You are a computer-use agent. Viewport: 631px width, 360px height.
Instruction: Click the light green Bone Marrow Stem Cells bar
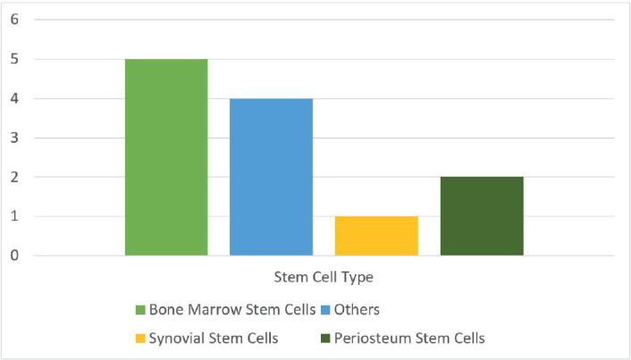pyautogui.click(x=166, y=157)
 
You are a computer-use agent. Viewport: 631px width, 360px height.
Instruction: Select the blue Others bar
pyautogui.click(x=271, y=177)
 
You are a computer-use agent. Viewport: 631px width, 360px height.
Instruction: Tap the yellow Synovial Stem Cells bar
pyautogui.click(x=376, y=236)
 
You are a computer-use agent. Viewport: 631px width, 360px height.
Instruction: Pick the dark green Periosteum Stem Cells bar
pyautogui.click(x=482, y=216)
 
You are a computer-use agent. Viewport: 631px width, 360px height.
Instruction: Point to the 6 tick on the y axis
pyautogui.click(x=14, y=20)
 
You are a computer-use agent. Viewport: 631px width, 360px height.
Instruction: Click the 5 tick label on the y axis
pyautogui.click(x=14, y=59)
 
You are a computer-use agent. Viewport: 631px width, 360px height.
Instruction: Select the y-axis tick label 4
pyautogui.click(x=14, y=98)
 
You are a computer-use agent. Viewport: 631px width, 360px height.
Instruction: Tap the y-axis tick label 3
pyautogui.click(x=14, y=138)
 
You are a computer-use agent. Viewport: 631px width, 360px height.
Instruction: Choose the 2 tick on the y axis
pyautogui.click(x=14, y=177)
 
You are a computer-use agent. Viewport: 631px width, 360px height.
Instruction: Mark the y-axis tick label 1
pyautogui.click(x=14, y=216)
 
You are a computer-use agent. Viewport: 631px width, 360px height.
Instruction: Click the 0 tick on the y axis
pyautogui.click(x=14, y=255)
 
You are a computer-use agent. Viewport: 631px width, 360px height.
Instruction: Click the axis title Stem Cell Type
pyautogui.click(x=324, y=278)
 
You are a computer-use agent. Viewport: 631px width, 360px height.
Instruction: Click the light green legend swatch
pyautogui.click(x=140, y=310)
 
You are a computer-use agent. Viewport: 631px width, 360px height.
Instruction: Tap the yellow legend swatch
pyautogui.click(x=140, y=339)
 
